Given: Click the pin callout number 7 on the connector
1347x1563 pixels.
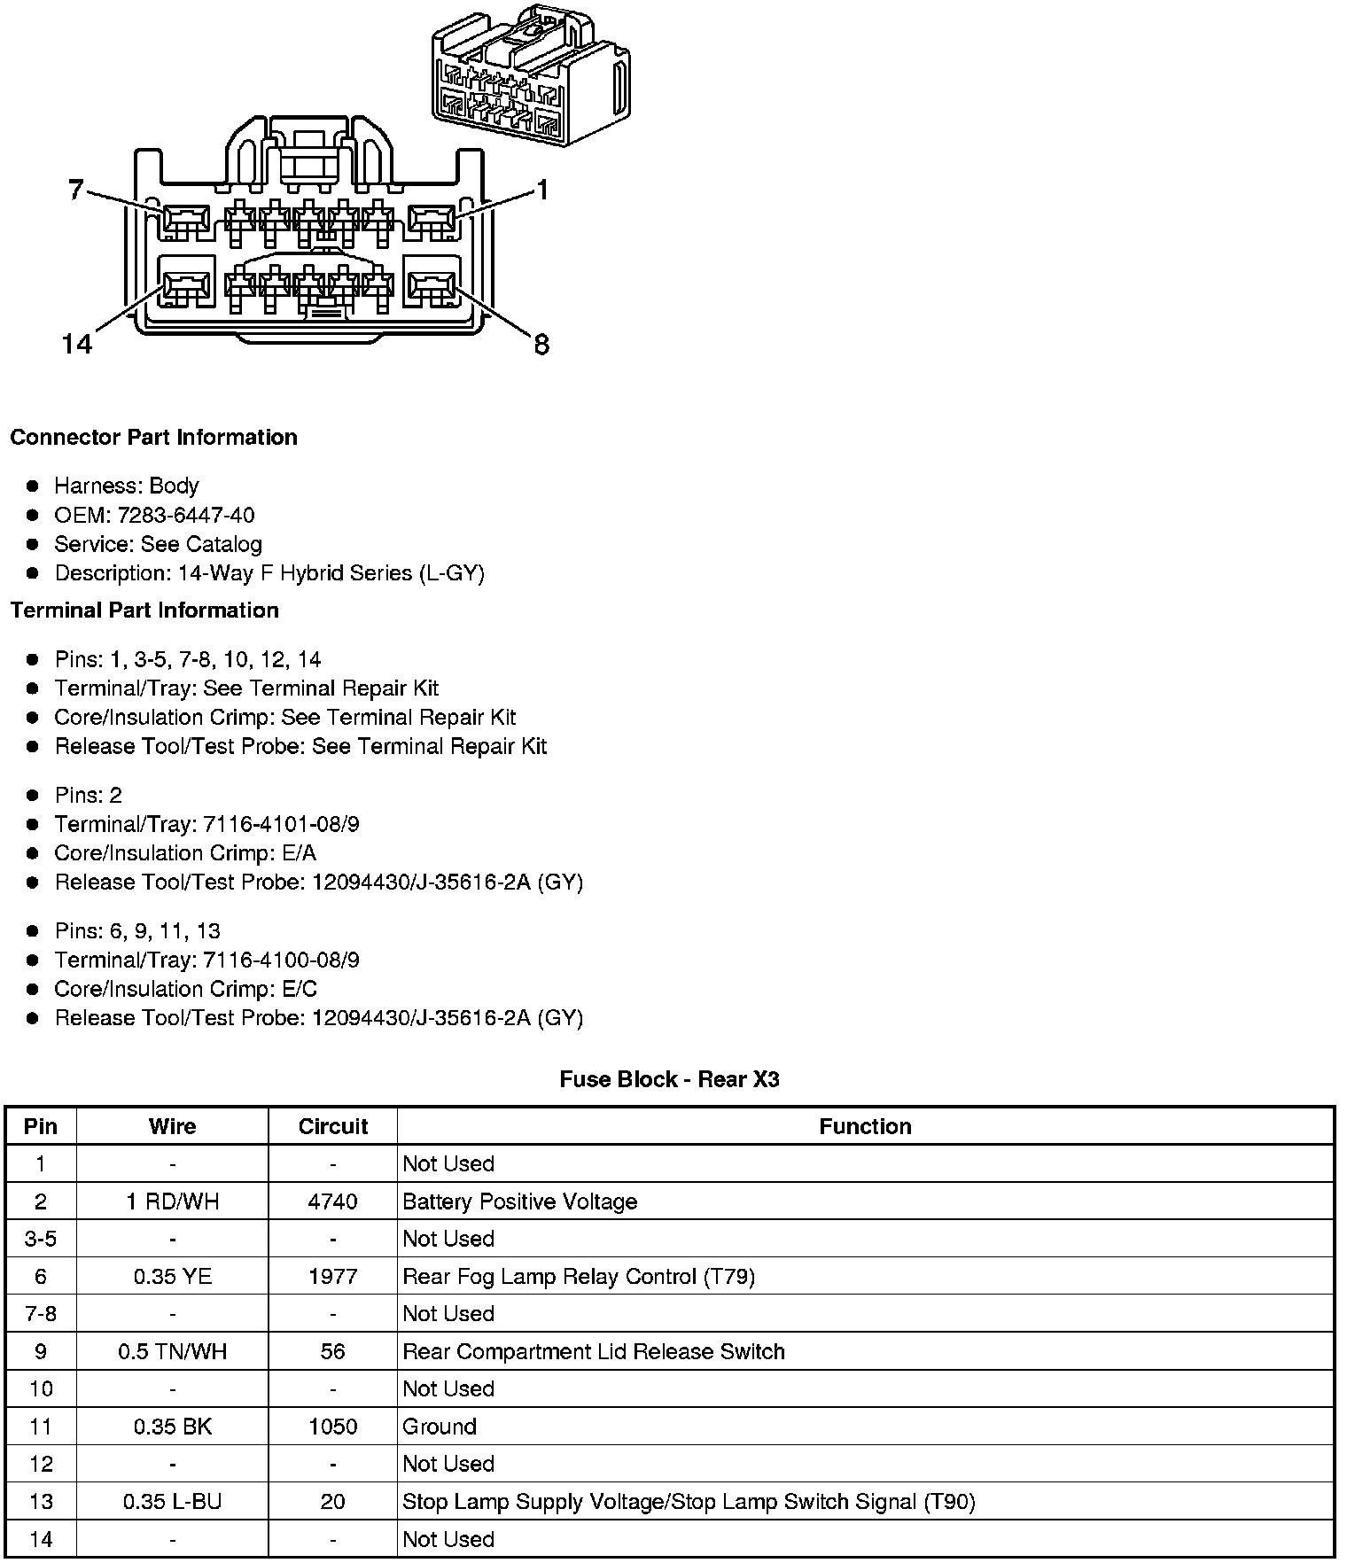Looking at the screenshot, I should tap(76, 189).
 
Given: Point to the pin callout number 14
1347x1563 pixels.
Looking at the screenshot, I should tap(77, 344).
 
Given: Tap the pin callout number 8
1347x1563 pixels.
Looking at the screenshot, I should tap(541, 344).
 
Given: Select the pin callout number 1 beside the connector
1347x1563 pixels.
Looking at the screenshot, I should tap(541, 189).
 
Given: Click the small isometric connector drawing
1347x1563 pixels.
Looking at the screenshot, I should tap(529, 74).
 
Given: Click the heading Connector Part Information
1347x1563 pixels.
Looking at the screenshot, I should tap(153, 438).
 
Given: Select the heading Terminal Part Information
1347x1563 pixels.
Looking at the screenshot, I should tap(144, 610).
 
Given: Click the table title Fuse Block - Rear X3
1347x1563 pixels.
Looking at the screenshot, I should tap(669, 1079).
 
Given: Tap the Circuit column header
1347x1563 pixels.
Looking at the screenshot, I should tap(332, 1126).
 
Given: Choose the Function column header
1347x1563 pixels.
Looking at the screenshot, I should tap(865, 1126).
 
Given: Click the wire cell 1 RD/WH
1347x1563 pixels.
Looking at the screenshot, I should tap(172, 1201).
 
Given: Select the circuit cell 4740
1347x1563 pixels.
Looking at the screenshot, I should tap(332, 1201).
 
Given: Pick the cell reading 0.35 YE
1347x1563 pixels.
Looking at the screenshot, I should tap(172, 1276).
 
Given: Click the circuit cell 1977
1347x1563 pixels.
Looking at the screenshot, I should tap(332, 1276).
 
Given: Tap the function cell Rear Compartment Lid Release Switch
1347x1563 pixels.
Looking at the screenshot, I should tap(594, 1351).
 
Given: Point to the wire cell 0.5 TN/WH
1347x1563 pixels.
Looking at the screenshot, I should tap(172, 1351).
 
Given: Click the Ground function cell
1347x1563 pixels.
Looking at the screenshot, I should tap(440, 1427).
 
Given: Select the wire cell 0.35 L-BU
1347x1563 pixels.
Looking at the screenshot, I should tap(172, 1502).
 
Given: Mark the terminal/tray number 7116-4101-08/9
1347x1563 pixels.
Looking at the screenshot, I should tap(281, 824).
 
